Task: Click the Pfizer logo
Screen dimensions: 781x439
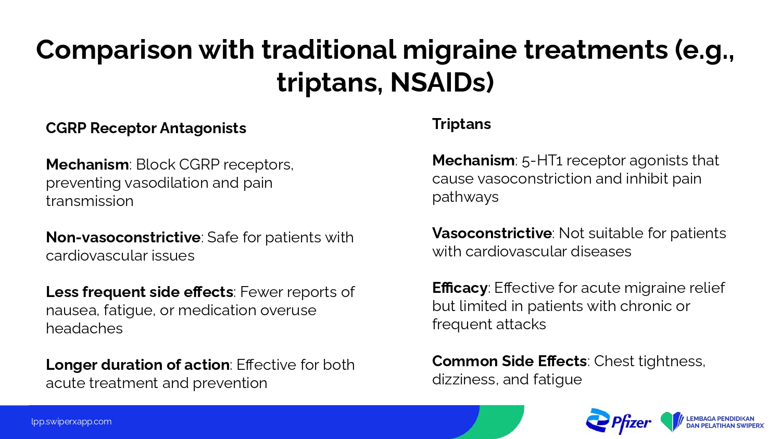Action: [618, 421]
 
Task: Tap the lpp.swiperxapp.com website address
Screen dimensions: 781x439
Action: [71, 422]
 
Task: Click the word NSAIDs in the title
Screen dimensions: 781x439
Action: [442, 82]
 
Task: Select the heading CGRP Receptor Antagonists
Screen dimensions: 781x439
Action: [146, 128]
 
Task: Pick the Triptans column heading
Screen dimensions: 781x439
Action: [461, 124]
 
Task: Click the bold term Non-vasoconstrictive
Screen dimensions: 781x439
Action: [123, 237]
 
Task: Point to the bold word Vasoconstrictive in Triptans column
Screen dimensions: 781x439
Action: [492, 233]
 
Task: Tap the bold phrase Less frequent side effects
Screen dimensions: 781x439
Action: [140, 292]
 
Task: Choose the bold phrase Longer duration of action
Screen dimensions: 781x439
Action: [138, 365]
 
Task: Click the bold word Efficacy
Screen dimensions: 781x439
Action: [460, 288]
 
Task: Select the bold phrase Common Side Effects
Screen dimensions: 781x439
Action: [509, 361]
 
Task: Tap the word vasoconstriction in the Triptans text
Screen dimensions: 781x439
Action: [535, 179]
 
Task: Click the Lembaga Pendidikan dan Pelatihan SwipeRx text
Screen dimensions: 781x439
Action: [725, 422]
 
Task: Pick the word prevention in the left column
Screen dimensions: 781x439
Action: [230, 383]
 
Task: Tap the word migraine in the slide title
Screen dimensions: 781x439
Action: [460, 50]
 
